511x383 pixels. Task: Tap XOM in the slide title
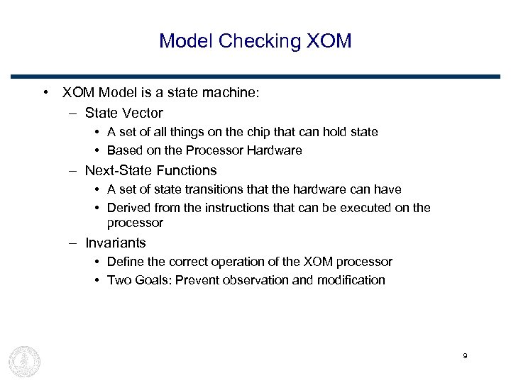329,41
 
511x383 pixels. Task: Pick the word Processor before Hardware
215,150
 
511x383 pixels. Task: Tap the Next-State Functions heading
150,170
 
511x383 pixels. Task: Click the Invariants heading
115,243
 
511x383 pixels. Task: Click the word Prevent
197,280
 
